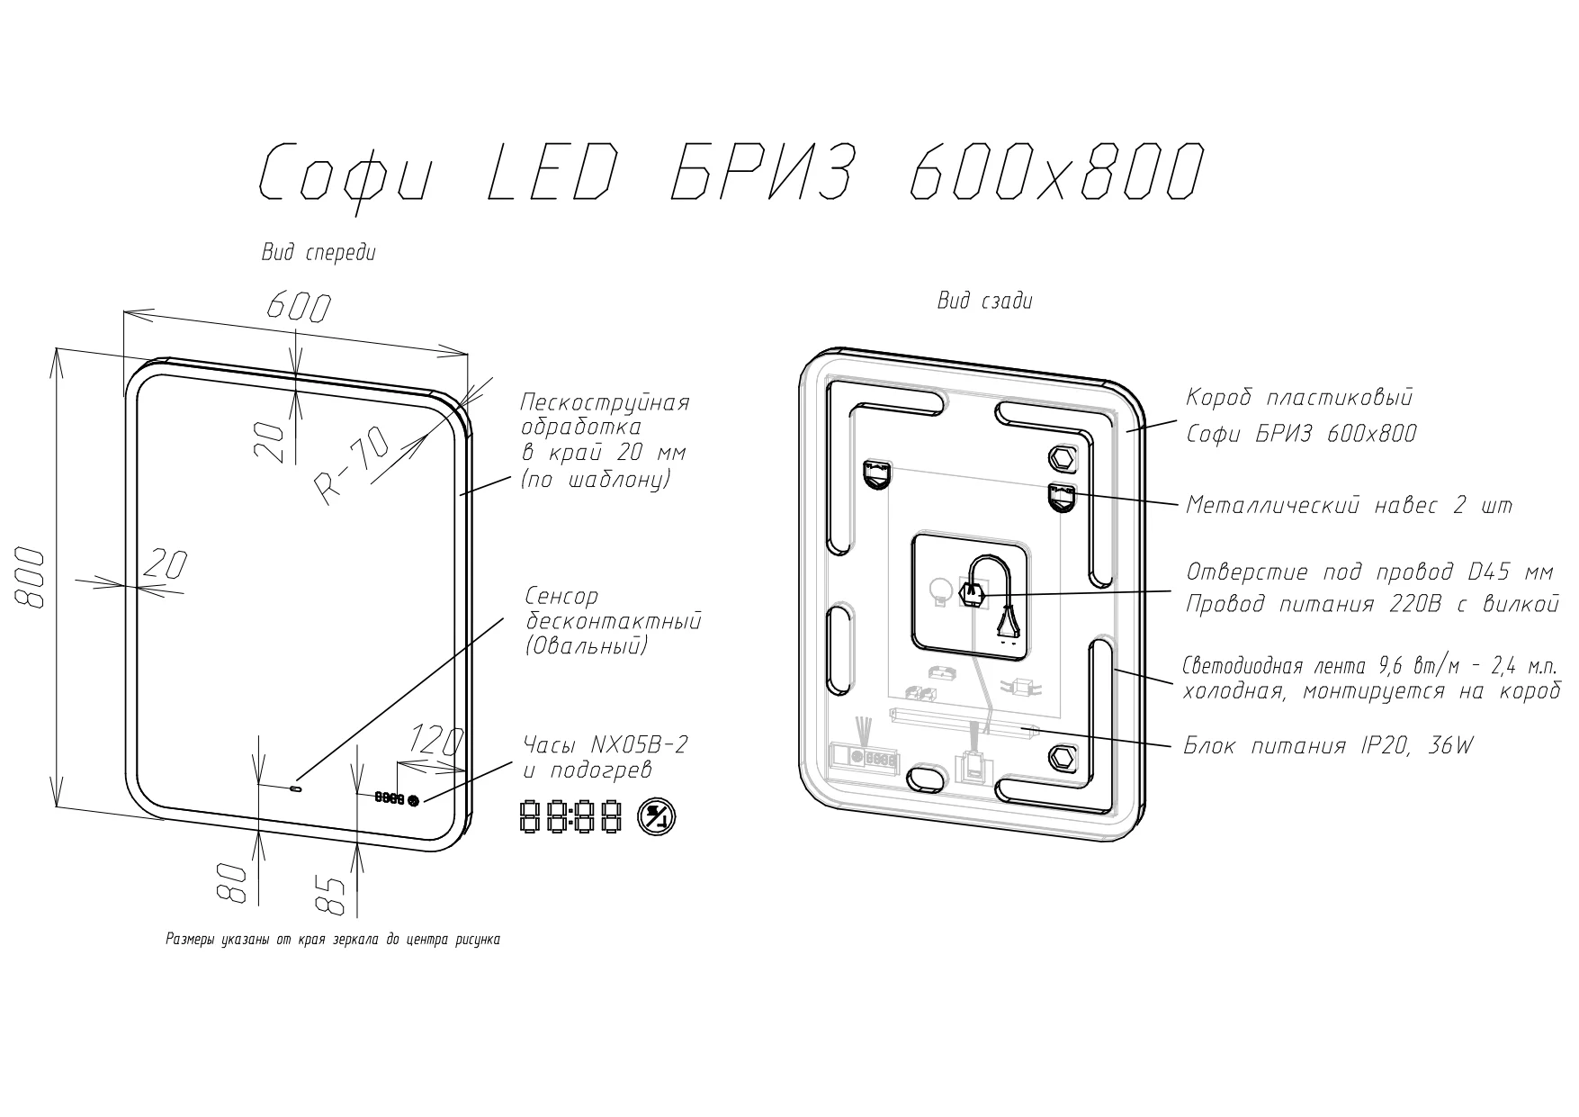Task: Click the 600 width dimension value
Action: (298, 309)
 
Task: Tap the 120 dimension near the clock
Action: (435, 741)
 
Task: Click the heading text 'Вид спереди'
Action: (318, 253)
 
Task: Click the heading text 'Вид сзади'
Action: (984, 301)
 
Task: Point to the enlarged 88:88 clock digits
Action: (571, 817)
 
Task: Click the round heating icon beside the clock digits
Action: (657, 817)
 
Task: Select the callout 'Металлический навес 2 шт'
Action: (1349, 506)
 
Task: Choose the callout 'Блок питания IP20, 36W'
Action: (1328, 746)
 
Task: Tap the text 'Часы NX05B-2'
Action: (606, 744)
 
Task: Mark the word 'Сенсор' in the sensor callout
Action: (561, 597)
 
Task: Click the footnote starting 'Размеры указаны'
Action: (333, 940)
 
